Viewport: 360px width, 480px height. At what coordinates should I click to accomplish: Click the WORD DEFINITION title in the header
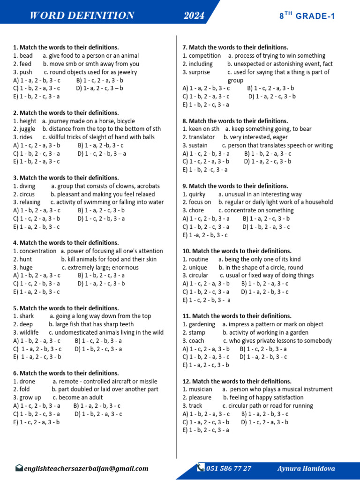[x=82, y=16]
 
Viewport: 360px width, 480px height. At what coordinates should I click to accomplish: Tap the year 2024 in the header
[x=194, y=16]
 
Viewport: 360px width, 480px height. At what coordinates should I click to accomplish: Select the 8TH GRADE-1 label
[x=307, y=16]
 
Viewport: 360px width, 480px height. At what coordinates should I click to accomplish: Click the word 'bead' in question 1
[x=26, y=56]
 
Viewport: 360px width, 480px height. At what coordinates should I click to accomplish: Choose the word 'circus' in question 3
[x=27, y=194]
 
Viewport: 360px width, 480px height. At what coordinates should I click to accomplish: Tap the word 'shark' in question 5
[x=27, y=316]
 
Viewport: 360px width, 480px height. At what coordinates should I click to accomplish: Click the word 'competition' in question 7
[x=204, y=56]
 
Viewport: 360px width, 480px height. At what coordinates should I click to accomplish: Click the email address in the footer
[x=86, y=468]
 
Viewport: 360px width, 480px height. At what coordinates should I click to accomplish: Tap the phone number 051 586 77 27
[x=229, y=468]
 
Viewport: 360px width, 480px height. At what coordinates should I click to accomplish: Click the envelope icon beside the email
[x=19, y=468]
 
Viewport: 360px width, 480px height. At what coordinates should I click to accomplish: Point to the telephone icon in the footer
[x=201, y=467]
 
